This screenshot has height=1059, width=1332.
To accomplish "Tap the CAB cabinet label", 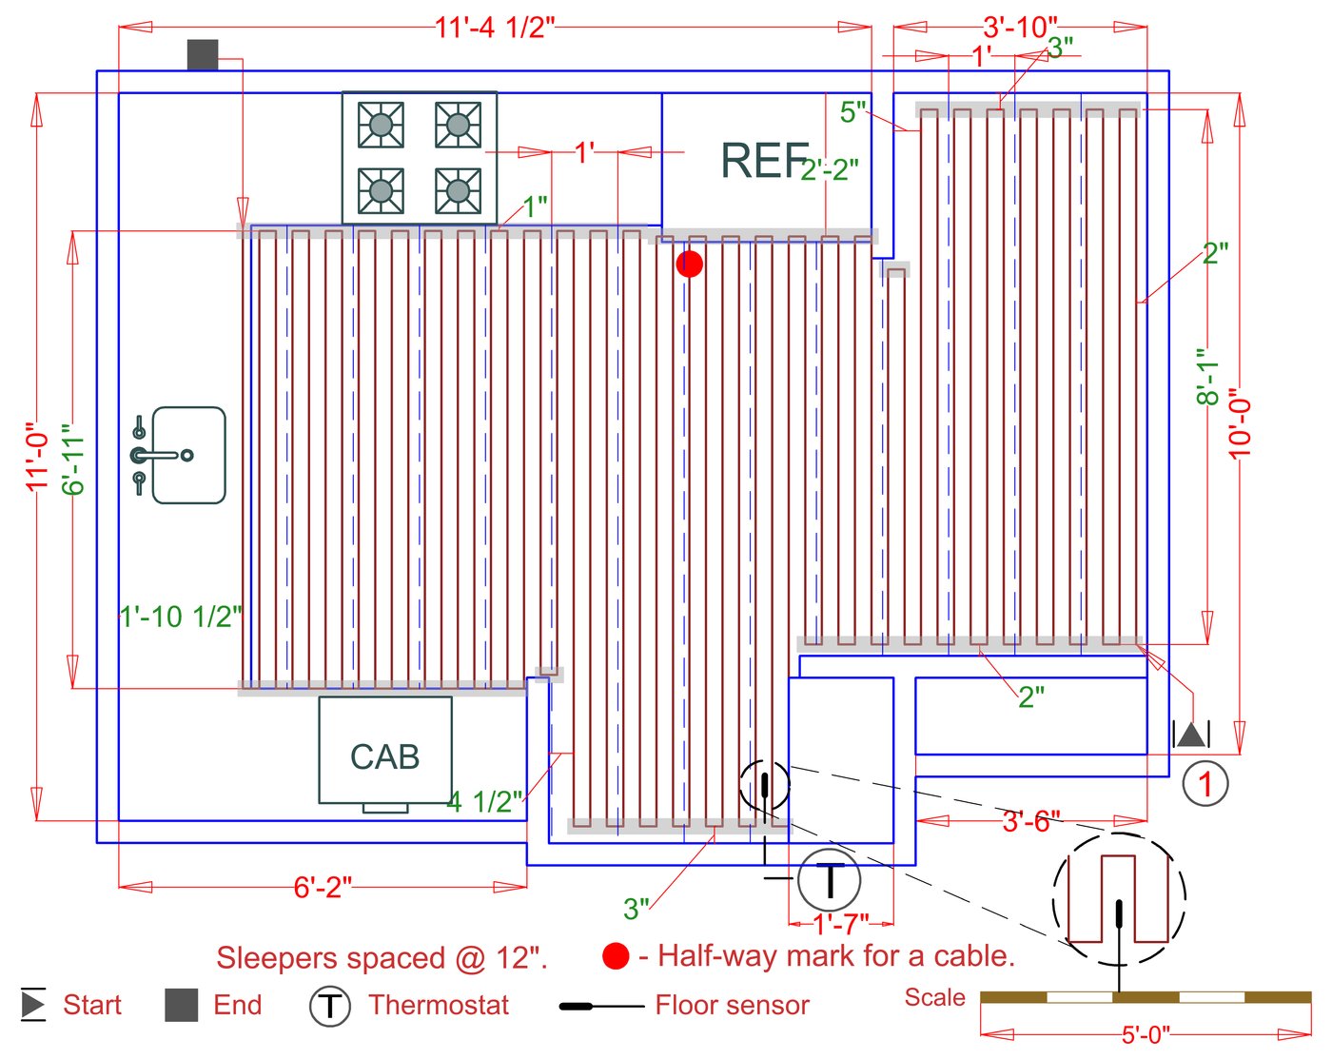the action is [385, 757].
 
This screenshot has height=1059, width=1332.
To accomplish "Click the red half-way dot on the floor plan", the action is [690, 265].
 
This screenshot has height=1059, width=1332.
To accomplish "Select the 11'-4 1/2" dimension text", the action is [495, 28].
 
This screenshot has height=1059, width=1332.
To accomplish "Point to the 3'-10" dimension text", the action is [1020, 28].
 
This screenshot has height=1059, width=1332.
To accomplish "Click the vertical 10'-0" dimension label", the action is [1240, 424].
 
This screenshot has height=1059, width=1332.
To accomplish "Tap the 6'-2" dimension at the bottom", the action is [323, 888].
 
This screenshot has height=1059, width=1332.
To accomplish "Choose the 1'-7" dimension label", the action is [840, 925].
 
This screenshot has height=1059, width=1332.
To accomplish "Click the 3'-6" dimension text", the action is [1031, 821].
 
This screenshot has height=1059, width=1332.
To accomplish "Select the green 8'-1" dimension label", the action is [1207, 377].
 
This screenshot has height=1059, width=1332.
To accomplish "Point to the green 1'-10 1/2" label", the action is [180, 618].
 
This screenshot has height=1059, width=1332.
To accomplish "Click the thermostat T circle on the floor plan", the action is [830, 879].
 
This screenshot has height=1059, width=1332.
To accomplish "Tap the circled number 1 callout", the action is [1205, 784].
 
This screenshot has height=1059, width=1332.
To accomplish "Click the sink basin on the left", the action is [188, 455].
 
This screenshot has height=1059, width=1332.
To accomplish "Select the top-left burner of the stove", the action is [381, 125].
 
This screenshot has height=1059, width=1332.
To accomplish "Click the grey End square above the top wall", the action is [203, 55].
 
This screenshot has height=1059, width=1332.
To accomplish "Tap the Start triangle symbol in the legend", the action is [33, 1004].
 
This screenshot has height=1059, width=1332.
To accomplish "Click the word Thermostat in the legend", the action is [439, 1005].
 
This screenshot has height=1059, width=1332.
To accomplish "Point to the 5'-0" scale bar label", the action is [1146, 1034].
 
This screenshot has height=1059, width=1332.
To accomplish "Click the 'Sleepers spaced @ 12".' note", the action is [382, 958].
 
